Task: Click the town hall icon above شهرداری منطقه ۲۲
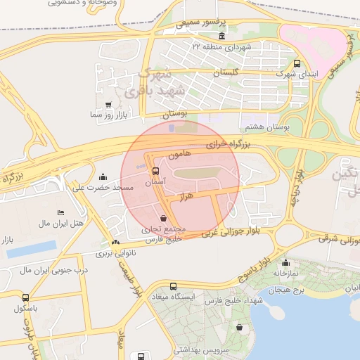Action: [222, 37]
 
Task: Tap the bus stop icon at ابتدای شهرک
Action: [296, 63]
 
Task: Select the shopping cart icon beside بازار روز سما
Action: [108, 105]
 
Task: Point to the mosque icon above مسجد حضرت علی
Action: [104, 176]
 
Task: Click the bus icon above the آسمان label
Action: [155, 171]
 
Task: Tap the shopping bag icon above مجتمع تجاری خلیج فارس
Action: [164, 218]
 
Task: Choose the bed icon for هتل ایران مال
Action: [61, 212]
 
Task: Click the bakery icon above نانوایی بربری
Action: [115, 242]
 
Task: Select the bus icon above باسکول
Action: [26, 297]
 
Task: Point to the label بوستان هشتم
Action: [264, 127]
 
